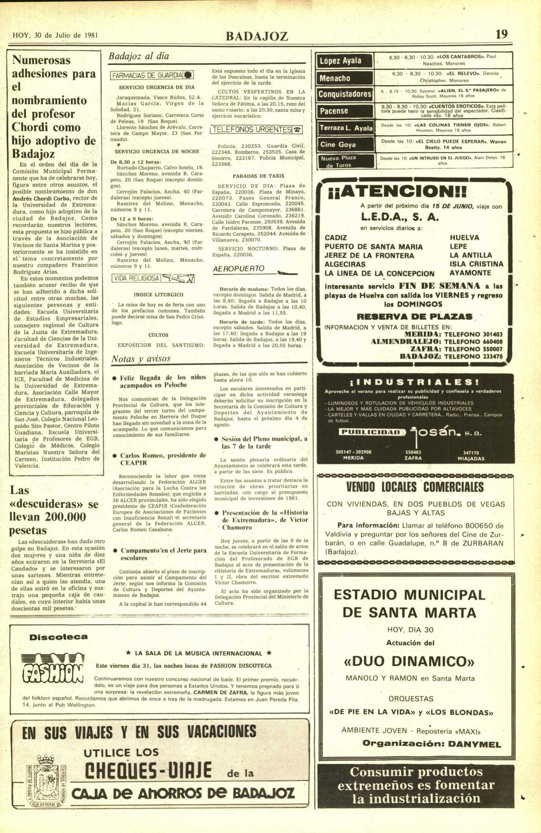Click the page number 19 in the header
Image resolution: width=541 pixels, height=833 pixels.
[x=501, y=34]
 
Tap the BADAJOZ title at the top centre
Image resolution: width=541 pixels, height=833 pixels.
[x=257, y=36]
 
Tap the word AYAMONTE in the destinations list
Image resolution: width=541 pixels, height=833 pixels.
[x=470, y=273]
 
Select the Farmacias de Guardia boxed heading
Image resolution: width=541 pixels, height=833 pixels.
[x=153, y=75]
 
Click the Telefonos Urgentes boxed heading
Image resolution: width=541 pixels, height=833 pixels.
[x=256, y=130]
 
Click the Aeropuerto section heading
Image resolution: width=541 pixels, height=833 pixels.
[x=238, y=269]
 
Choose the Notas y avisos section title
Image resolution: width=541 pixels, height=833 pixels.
[x=141, y=359]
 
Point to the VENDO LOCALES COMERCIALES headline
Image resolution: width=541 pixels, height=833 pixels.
[x=415, y=488]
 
